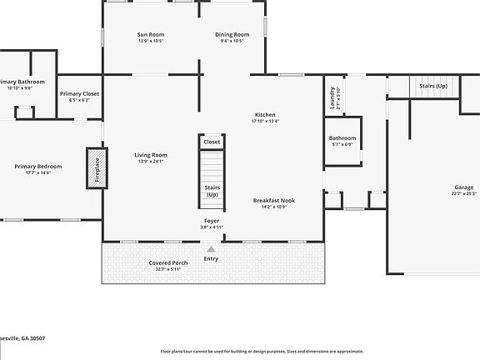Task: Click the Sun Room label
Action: coord(151,34)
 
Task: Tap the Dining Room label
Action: coord(228,34)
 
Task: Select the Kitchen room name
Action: coord(265,114)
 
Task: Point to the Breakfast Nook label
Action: coord(274,200)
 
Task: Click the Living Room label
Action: coord(151,154)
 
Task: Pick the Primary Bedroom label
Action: coord(37,166)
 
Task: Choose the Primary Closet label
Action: coord(80,93)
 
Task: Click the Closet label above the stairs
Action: coord(212,142)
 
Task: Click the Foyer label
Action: coord(212,221)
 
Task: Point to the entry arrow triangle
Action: coord(211,248)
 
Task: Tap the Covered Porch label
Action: coord(168,262)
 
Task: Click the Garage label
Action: coord(463,187)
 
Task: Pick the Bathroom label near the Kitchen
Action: coord(342,137)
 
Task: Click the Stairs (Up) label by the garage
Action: coord(433,86)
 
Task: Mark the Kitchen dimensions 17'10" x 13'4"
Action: coord(265,121)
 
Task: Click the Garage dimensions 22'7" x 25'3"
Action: coord(463,193)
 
